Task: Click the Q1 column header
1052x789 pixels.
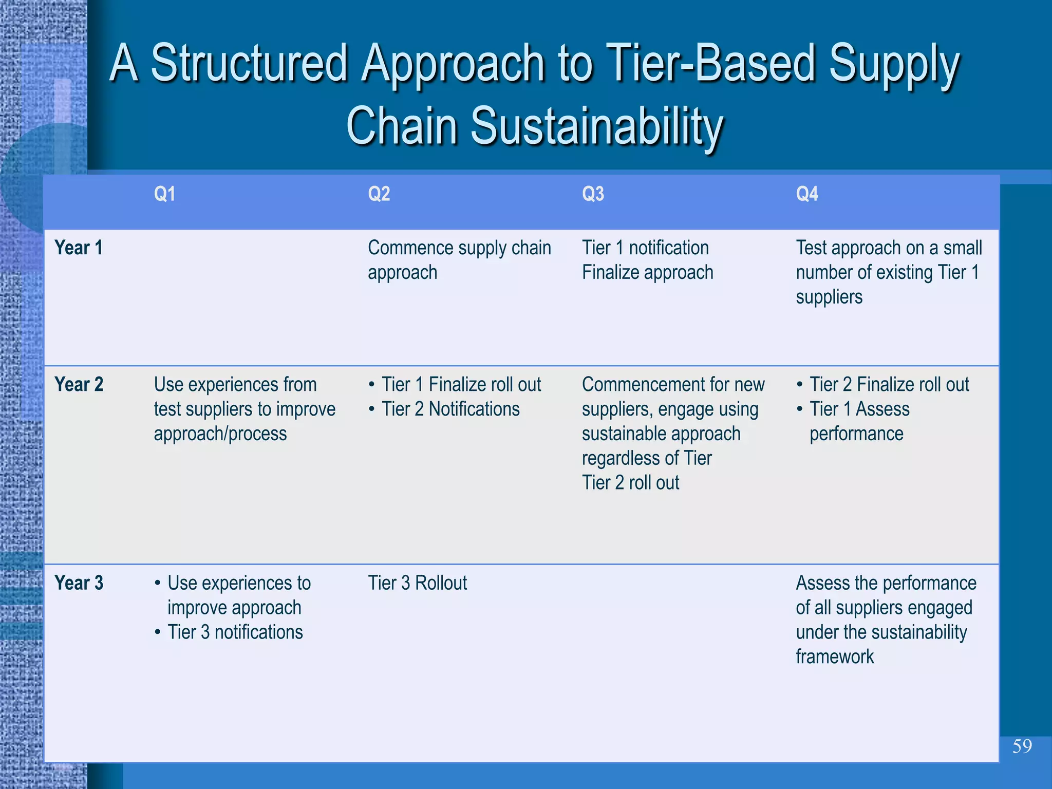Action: point(164,194)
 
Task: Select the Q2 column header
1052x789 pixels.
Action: point(379,194)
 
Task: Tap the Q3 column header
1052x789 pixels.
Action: point(593,194)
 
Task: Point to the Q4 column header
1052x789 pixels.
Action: point(806,194)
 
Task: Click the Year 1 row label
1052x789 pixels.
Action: point(79,248)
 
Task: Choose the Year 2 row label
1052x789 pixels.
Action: point(79,384)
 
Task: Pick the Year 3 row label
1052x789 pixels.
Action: point(79,583)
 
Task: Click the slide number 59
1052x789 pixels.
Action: point(1022,746)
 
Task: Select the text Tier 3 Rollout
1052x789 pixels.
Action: point(417,583)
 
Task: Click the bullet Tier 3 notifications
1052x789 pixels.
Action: point(235,632)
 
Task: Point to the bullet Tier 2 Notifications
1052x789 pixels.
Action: point(450,409)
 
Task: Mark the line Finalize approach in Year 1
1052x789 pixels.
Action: point(647,272)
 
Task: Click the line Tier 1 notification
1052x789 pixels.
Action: point(645,248)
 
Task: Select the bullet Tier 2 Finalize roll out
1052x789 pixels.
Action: point(889,384)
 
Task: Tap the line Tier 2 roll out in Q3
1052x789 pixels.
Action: point(630,483)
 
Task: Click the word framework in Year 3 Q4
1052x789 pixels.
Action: point(835,657)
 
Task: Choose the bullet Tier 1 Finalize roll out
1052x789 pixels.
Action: point(461,384)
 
